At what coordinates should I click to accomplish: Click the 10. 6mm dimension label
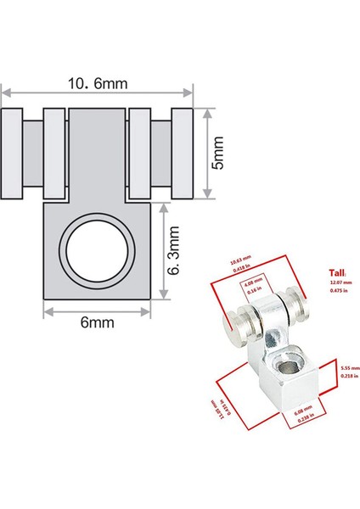click(x=97, y=82)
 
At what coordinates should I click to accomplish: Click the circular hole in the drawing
click(x=98, y=253)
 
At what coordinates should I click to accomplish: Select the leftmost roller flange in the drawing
click(x=13, y=153)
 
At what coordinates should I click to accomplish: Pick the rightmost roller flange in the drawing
click(x=183, y=153)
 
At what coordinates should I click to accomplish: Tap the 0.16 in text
click(x=253, y=290)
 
